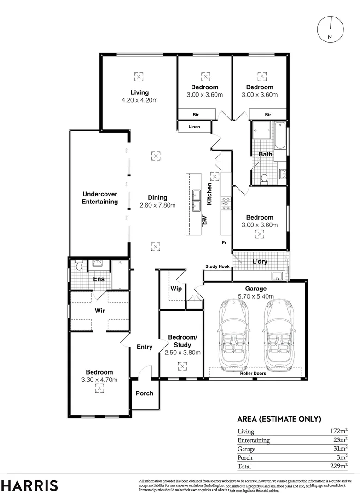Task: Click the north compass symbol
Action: pyautogui.click(x=331, y=29)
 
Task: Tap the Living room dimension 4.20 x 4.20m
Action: pyautogui.click(x=139, y=100)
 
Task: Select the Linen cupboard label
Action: pyautogui.click(x=194, y=127)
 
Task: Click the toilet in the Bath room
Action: pyautogui.click(x=264, y=178)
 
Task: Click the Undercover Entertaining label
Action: pyautogui.click(x=99, y=198)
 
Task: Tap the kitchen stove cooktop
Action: pyautogui.click(x=226, y=203)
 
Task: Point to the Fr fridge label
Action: pyautogui.click(x=224, y=243)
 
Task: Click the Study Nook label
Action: pyautogui.click(x=217, y=266)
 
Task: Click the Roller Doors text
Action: pyautogui.click(x=253, y=374)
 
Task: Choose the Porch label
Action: pyautogui.click(x=144, y=393)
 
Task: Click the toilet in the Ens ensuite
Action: pyautogui.click(x=79, y=265)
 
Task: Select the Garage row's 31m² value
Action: pyautogui.click(x=339, y=449)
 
